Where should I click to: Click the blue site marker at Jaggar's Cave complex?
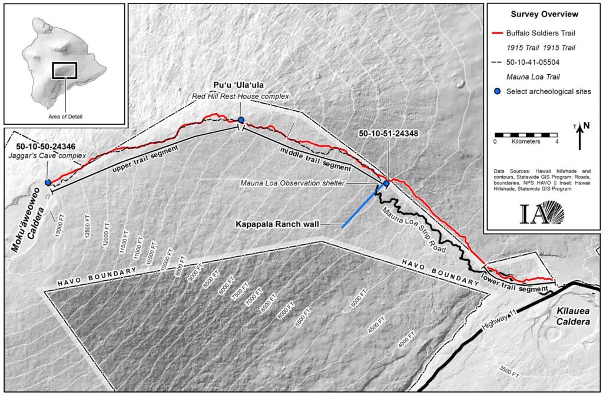[x=48, y=182]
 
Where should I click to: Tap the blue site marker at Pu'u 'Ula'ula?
[x=241, y=120]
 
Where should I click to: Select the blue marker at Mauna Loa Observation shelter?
[x=386, y=184]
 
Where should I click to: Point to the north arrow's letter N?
[x=586, y=125]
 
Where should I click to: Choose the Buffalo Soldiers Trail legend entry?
[x=542, y=34]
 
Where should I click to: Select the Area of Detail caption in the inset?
[x=65, y=117]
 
